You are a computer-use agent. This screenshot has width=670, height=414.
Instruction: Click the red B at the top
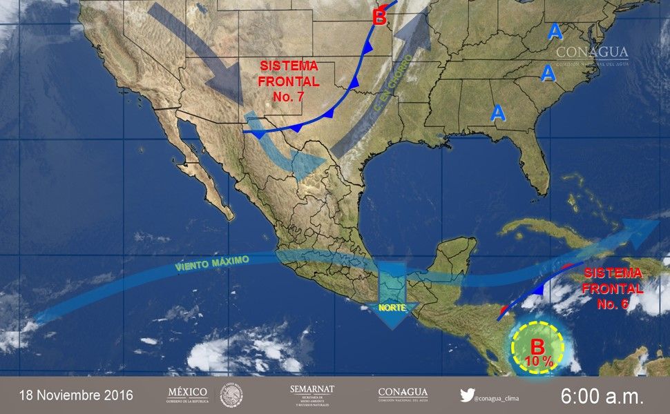click(379, 17)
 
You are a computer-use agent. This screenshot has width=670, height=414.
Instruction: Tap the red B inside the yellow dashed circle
click(537, 346)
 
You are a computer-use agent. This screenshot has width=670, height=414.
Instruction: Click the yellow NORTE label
click(391, 307)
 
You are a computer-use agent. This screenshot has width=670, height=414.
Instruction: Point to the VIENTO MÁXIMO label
click(211, 263)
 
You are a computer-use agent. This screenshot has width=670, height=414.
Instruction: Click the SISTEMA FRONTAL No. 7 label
click(289, 81)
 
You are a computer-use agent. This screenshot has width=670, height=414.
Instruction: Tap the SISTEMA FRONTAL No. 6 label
click(613, 288)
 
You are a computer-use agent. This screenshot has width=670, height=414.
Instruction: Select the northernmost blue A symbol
click(554, 31)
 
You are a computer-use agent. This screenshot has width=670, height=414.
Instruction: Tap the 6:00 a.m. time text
click(602, 395)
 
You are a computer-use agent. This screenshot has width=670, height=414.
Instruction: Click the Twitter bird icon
click(467, 395)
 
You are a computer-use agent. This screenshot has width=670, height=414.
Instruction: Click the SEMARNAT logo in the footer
click(312, 395)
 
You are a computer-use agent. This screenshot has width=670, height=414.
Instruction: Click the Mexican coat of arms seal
click(231, 395)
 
